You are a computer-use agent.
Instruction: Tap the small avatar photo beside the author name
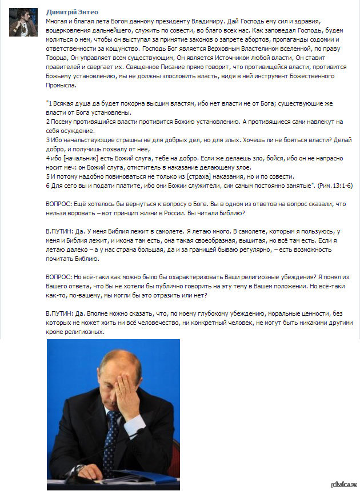pyautogui.click(x=23, y=22)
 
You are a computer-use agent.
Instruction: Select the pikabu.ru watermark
pyautogui.click(x=344, y=485)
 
